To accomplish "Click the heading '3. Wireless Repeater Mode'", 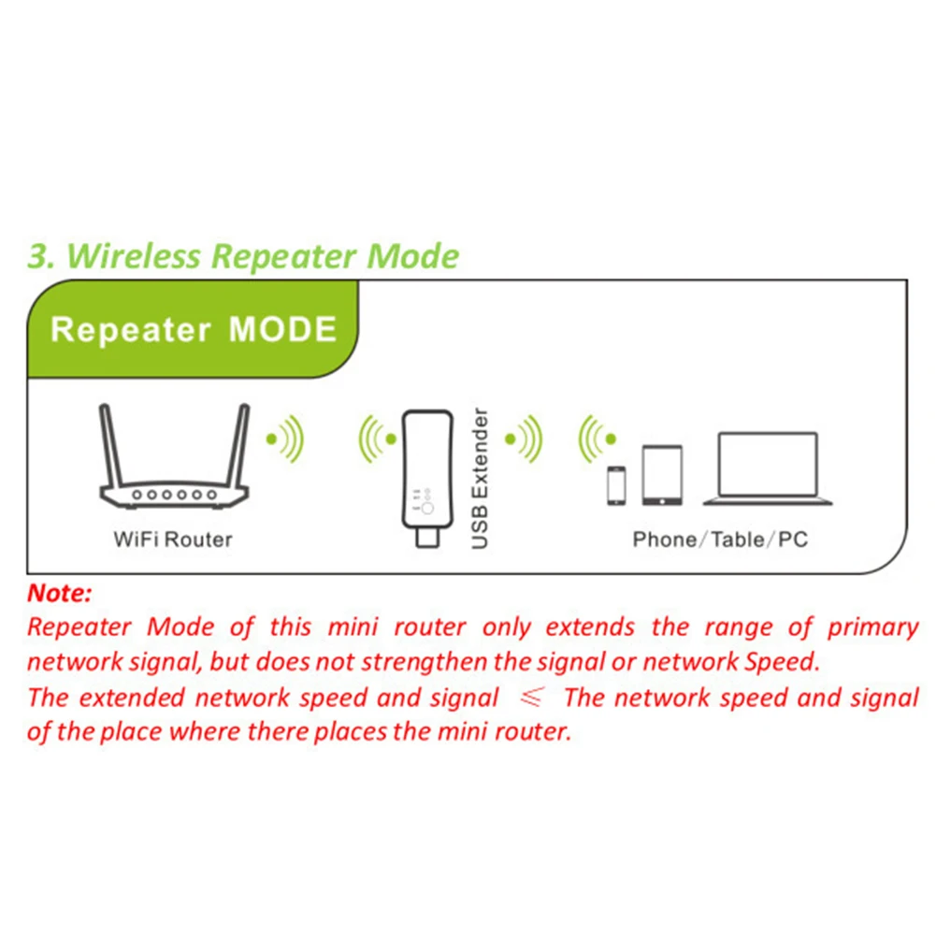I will pos(243,255).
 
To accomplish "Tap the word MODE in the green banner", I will pos(282,330).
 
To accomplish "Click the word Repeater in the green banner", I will pos(131,330).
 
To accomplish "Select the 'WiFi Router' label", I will pos(172,540).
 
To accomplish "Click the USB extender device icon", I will pos(427,472).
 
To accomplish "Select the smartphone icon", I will pos(616,485).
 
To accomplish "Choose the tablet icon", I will pos(661,476).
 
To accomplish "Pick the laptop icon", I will pos(767,469).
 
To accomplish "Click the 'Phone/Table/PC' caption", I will pos(720,540).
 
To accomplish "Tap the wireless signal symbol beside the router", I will pos(285,437).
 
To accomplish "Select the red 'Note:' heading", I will pos(60,593).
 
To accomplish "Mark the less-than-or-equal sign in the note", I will pos(532,698).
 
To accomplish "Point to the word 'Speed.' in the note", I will pos(782,662).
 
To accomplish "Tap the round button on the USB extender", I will pos(427,508).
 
